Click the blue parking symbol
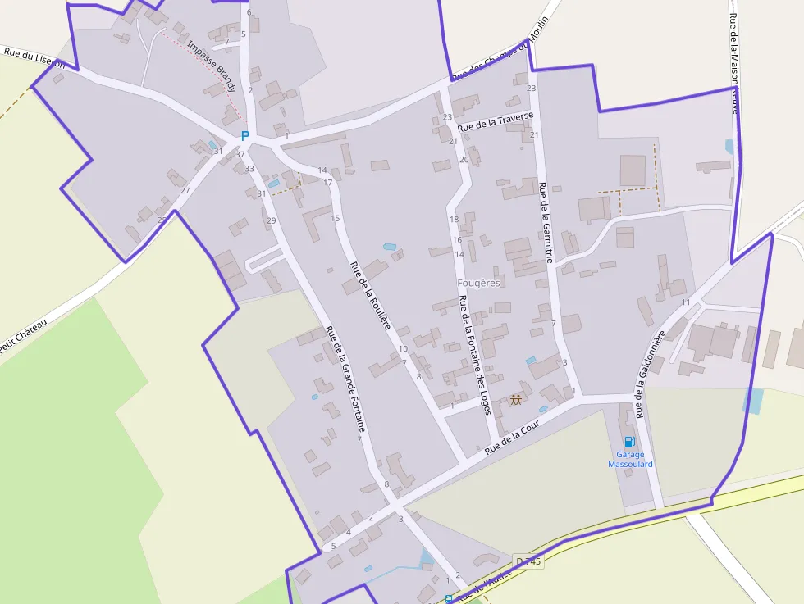point(244,136)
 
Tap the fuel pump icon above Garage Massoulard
point(629,442)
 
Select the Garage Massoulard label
point(630,460)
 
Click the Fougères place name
point(478,283)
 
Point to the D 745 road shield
point(528,561)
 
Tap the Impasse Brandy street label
point(212,66)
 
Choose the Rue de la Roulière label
point(370,296)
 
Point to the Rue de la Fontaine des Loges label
point(475,354)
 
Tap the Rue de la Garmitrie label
point(546,222)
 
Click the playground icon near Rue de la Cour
point(516,400)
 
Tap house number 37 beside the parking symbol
point(240,154)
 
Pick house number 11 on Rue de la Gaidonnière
point(686,302)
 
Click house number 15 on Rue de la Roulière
point(335,218)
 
